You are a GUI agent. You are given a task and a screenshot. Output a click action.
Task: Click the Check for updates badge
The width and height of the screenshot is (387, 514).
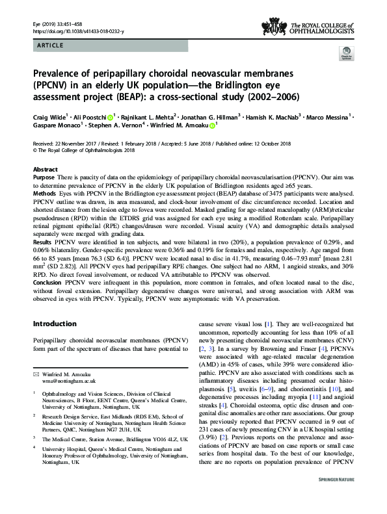click(345, 75)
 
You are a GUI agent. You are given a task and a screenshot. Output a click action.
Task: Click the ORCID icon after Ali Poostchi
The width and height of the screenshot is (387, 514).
click(110, 118)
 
